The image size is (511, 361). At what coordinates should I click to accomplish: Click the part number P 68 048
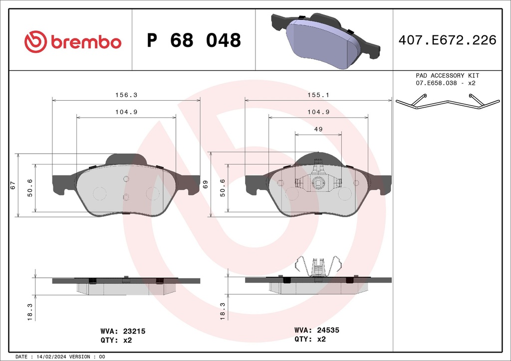click(x=194, y=40)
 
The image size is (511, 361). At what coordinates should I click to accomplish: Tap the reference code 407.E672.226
click(x=447, y=40)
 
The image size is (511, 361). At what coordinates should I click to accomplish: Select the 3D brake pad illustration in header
click(x=325, y=41)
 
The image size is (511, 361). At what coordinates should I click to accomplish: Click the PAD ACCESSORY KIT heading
click(x=447, y=75)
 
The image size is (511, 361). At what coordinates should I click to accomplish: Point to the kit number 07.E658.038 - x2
click(x=446, y=83)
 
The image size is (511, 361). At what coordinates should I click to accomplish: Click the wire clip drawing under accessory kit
click(x=447, y=102)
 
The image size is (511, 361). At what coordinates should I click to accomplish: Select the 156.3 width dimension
click(x=126, y=94)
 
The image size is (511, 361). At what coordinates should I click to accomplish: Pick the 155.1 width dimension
click(x=318, y=94)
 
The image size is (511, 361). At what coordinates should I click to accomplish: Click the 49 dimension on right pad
click(x=318, y=129)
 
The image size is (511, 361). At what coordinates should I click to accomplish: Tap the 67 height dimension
click(x=13, y=185)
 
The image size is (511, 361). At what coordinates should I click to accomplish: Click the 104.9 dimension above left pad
click(x=126, y=112)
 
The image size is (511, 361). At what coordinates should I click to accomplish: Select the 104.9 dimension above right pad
click(x=318, y=112)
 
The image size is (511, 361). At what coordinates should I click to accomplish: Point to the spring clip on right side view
click(x=318, y=267)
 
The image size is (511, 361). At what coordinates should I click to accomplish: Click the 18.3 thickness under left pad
click(x=29, y=312)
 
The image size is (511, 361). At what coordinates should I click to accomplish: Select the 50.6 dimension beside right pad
click(x=223, y=187)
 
